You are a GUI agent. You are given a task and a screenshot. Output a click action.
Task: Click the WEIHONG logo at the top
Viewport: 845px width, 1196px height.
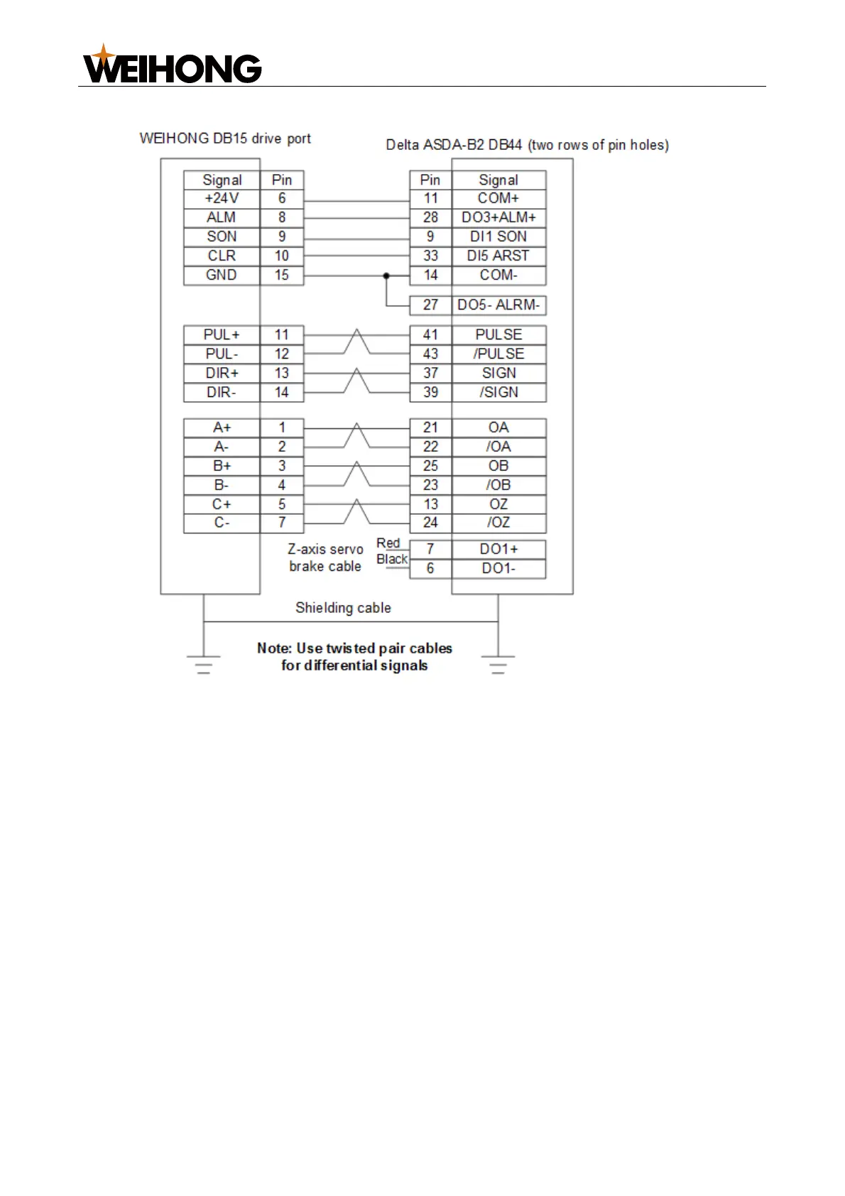tap(173, 66)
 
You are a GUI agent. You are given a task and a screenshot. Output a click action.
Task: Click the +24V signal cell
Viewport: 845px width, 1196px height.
tap(222, 198)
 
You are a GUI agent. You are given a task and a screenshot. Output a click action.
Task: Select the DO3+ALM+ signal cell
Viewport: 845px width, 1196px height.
tap(498, 217)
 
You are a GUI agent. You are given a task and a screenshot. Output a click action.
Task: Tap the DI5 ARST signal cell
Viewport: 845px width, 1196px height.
tap(498, 256)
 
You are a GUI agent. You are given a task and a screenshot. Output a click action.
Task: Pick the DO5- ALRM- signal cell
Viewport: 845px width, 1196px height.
tap(498, 305)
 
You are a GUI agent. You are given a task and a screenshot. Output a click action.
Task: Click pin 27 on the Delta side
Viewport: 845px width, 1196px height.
tap(430, 305)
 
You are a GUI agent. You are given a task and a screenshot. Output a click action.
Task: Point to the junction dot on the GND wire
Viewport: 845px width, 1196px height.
tap(386, 275)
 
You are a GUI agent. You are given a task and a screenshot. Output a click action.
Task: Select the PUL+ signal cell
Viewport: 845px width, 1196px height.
tap(222, 335)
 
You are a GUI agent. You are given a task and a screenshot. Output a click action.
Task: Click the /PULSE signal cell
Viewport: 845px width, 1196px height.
tap(498, 354)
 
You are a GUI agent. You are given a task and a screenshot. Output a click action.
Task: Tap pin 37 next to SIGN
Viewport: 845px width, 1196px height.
tap(430, 373)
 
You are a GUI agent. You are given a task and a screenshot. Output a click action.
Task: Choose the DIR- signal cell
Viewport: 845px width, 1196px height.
tap(222, 392)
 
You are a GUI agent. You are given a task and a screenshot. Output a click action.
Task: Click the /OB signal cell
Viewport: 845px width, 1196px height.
tap(498, 485)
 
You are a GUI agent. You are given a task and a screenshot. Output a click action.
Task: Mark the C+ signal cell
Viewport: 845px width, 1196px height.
tap(222, 504)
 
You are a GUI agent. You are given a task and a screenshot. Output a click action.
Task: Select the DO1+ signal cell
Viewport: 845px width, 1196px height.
tap(498, 549)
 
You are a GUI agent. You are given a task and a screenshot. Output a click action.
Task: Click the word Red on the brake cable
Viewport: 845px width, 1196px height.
tap(388, 543)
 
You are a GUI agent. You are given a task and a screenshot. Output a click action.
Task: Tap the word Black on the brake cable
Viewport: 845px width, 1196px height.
tap(392, 560)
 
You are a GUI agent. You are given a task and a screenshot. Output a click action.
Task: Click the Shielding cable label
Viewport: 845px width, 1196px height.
tap(343, 608)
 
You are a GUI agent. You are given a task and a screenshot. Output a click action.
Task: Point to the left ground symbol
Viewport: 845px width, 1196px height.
tap(204, 664)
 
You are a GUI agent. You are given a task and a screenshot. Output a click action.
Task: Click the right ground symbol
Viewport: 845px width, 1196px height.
tap(498, 664)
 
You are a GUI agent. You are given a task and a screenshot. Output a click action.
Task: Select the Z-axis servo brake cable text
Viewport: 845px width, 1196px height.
tap(325, 558)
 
